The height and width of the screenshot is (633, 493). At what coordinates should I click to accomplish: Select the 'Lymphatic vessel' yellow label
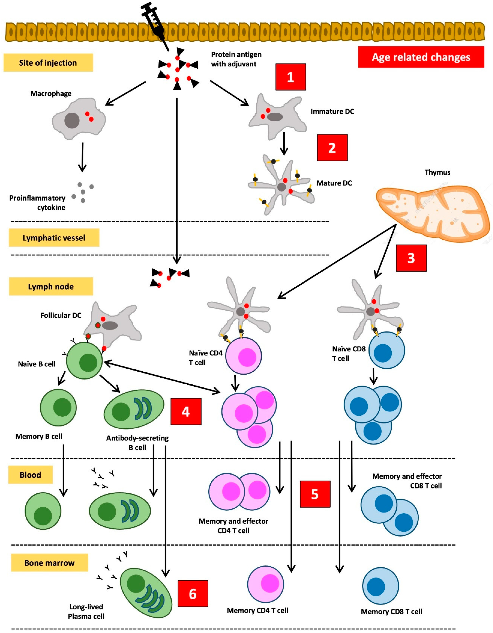[x=54, y=238]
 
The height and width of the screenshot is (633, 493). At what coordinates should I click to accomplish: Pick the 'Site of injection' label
[x=48, y=63]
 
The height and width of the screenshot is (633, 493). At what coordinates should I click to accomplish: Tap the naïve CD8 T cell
[x=387, y=350]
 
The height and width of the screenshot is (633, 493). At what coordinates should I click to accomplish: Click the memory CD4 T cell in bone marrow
[x=266, y=584]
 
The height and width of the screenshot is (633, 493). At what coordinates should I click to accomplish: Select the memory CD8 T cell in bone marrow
[x=380, y=586]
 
